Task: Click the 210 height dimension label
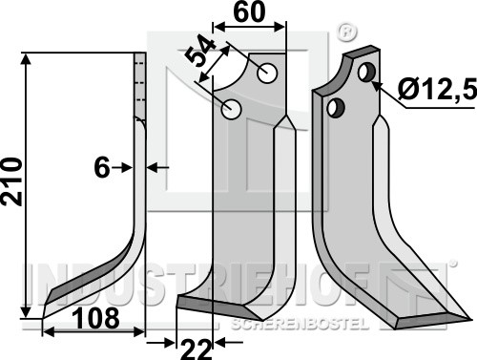pyautogui.click(x=12, y=181)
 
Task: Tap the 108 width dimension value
pyautogui.click(x=96, y=318)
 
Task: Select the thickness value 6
pyautogui.click(x=102, y=167)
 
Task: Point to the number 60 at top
pyautogui.click(x=249, y=12)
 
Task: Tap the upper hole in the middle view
pyautogui.click(x=267, y=74)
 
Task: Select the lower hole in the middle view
pyautogui.click(x=232, y=109)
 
